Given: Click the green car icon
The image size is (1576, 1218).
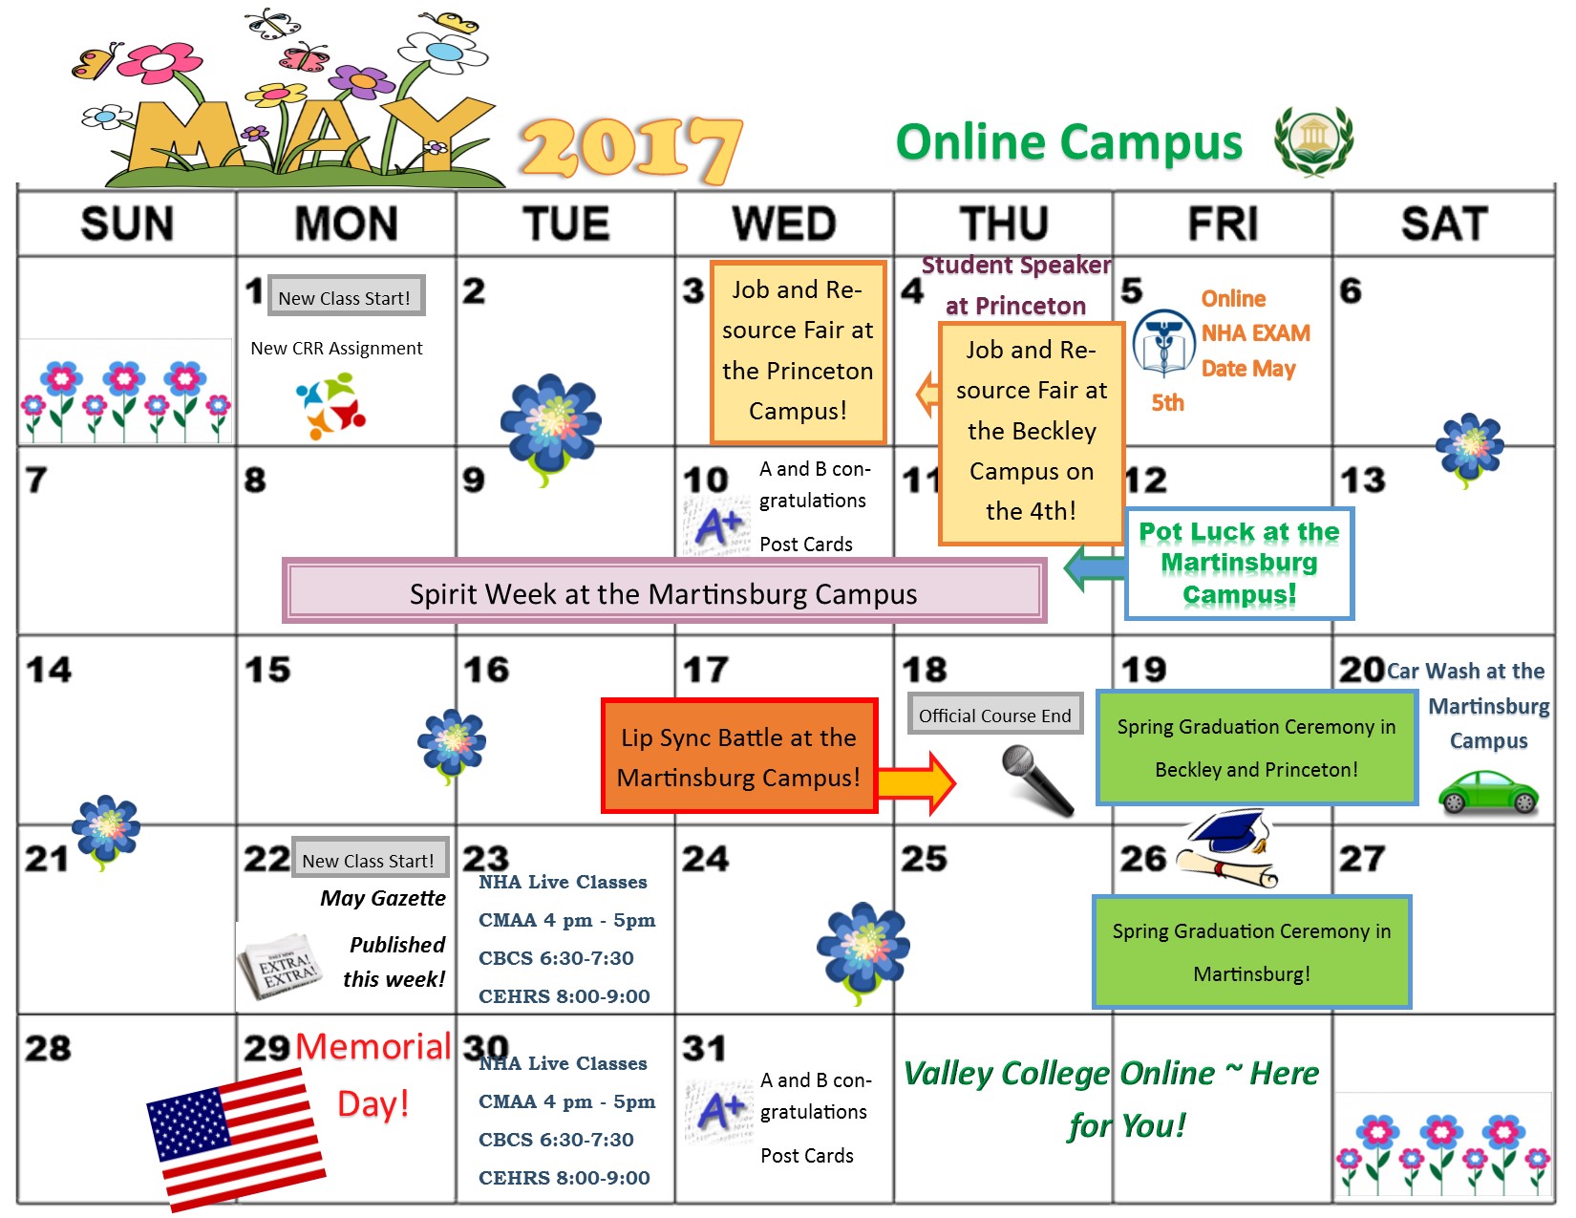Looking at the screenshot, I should (x=1488, y=792).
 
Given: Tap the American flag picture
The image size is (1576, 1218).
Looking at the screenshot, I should (x=236, y=1139).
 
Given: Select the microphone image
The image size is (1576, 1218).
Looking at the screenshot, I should (x=1036, y=780).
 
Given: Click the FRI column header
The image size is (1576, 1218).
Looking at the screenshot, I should (x=1223, y=224).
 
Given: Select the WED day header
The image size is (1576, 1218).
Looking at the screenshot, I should (x=784, y=224).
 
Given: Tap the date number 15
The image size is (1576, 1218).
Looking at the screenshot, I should (x=267, y=670).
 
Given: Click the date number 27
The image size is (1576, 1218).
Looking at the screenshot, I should (x=1361, y=859).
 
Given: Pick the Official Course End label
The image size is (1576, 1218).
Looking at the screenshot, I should (x=994, y=715).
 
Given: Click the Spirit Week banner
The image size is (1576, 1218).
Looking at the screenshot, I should (x=664, y=592).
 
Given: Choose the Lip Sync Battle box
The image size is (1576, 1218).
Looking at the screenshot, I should (x=738, y=757).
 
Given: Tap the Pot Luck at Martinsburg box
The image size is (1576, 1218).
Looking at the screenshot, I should (x=1239, y=564).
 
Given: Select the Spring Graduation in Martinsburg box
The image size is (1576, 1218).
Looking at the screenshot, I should (x=1251, y=951).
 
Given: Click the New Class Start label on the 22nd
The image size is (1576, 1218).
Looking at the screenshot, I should (x=368, y=860).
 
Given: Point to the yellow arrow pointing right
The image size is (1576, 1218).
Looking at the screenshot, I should (x=916, y=783).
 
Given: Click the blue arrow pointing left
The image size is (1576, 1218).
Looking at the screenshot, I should (x=1094, y=568).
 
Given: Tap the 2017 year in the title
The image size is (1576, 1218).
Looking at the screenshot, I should (x=631, y=148).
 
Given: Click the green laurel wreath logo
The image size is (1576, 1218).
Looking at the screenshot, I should (x=1313, y=140).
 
